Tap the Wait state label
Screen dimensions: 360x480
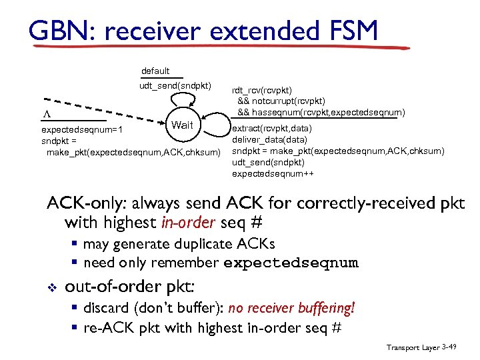coord(182,125)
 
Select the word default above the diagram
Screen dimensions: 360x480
coord(155,71)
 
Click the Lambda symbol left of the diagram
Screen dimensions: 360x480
coord(46,113)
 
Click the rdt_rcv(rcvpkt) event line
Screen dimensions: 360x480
coord(261,90)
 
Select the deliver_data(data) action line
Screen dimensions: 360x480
coord(269,139)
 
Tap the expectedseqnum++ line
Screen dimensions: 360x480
coord(273,173)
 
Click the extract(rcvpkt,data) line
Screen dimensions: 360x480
coord(271,128)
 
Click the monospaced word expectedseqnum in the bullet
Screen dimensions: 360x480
coord(291,263)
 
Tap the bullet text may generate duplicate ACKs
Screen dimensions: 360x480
coord(179,244)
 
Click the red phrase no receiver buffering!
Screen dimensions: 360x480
coord(291,308)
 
